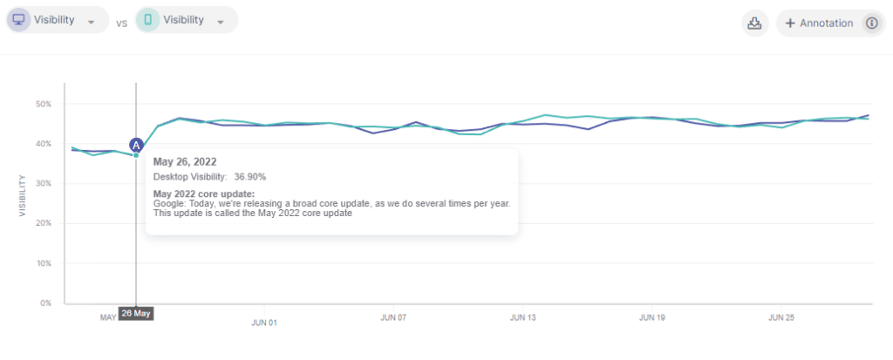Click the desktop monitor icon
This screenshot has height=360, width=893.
point(17,20)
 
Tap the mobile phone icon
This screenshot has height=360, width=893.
point(147,20)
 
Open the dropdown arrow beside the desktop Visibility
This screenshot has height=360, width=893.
point(91,23)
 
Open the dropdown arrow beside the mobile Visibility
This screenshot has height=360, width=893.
point(221,23)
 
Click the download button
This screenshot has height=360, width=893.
point(755,24)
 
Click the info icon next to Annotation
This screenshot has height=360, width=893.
point(869,24)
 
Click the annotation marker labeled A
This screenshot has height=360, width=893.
point(136,144)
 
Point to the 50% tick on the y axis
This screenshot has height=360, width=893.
point(43,104)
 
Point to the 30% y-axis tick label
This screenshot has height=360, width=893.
point(43,184)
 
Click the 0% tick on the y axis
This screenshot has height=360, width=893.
point(46,303)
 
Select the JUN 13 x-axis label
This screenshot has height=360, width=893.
point(523,318)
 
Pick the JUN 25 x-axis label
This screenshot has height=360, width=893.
point(781,318)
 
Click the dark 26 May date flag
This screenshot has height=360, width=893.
point(136,313)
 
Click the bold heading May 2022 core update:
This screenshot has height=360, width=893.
point(203,193)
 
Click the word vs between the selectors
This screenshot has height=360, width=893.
point(121,23)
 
